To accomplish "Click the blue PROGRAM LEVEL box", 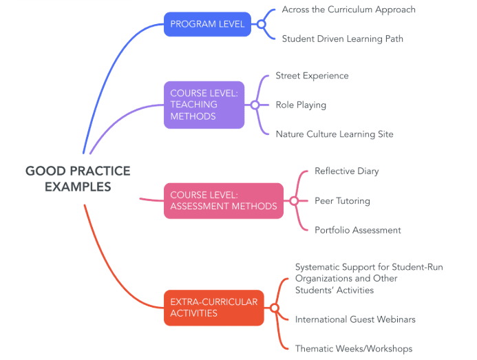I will point(207,24).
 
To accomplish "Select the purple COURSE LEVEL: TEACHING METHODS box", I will point(204,105).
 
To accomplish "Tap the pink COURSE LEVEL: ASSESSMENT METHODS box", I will point(223,200).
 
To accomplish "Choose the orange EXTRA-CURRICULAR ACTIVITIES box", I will point(213,308).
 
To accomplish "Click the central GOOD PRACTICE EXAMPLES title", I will point(78,179).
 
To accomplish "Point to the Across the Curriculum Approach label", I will point(348,10).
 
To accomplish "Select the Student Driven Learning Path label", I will point(342,39).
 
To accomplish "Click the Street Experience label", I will point(312,76).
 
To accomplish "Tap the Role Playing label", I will point(301,105).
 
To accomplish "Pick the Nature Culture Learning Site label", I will point(335,134).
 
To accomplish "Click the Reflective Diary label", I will point(346,171).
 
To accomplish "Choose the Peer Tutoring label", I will point(342,201).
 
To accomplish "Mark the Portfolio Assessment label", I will point(357,230).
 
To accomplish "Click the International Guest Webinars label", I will point(355,319).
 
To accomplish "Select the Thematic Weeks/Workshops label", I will point(353,348).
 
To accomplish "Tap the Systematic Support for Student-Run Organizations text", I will point(368,278).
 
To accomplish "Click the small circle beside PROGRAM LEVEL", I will point(261,24).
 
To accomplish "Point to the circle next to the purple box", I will point(255,105).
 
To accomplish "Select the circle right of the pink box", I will point(293,201).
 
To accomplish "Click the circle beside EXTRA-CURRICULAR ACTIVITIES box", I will point(273,308).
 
